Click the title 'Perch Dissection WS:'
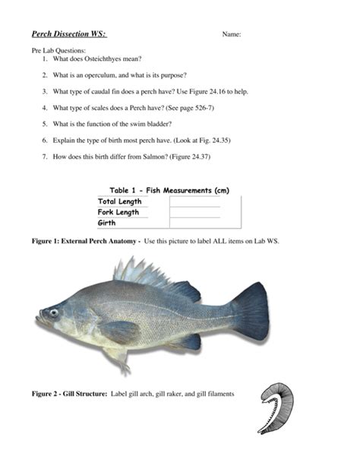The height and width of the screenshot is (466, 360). pos(69,34)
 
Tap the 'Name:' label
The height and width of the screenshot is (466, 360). pos(231,35)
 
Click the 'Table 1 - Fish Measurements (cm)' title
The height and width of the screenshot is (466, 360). pos(169,190)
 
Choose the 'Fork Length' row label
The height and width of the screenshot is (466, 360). pos(118,212)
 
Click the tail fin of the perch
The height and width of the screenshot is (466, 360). pos(250,311)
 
